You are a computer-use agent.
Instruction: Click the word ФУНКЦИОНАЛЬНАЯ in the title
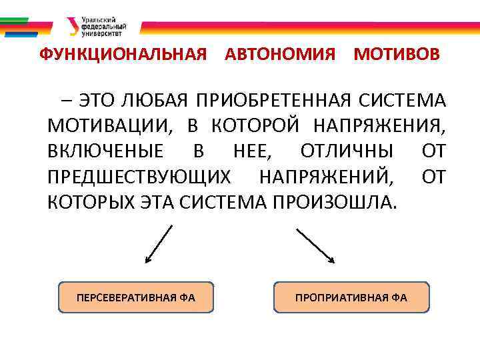tap(123, 55)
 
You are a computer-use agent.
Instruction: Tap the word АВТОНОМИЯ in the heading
tap(280, 55)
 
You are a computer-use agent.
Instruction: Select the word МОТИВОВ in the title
tap(397, 55)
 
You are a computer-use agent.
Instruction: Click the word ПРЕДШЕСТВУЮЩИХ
tap(139, 177)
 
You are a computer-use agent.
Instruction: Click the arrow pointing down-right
tap(315, 245)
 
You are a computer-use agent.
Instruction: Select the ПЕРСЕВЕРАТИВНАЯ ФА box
tap(136, 297)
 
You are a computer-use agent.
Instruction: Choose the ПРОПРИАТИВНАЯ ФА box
tap(351, 297)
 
